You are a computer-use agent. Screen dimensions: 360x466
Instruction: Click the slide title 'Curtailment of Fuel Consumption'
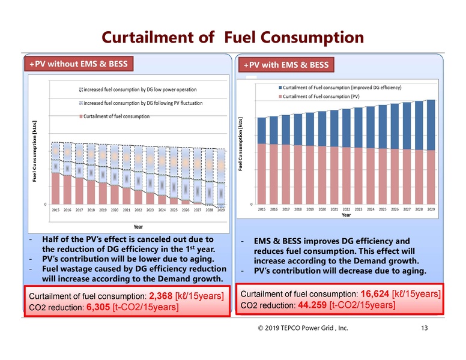[x=232, y=38]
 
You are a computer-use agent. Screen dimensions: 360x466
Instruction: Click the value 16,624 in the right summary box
[x=376, y=294]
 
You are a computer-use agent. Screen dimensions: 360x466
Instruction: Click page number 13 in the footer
[x=425, y=328]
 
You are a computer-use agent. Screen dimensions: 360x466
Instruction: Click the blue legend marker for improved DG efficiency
[x=279, y=88]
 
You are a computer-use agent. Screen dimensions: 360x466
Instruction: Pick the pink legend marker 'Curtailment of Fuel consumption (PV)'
[x=279, y=96]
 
